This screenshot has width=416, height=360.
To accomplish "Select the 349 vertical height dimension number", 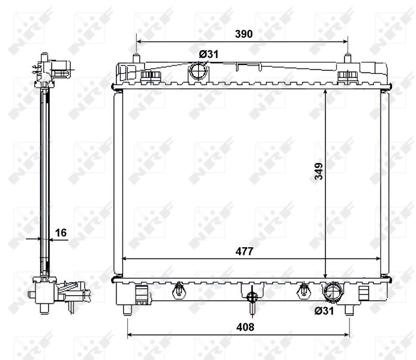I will click(318, 172).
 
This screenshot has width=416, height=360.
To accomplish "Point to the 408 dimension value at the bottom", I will click(246, 327).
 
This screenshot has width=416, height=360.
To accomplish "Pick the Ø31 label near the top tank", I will click(209, 54).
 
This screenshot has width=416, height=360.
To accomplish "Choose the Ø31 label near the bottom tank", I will click(324, 310).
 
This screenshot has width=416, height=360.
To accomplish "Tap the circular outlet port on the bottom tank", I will click(333, 293).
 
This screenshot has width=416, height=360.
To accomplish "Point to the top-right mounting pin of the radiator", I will click(347, 59).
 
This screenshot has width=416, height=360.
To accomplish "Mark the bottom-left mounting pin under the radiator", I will click(127, 310).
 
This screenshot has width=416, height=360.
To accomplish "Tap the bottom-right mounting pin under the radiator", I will click(349, 310).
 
